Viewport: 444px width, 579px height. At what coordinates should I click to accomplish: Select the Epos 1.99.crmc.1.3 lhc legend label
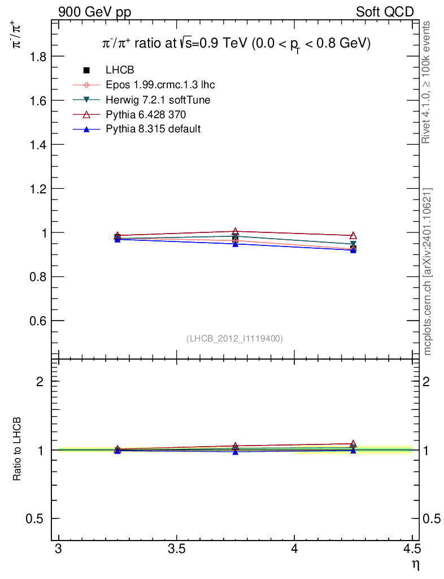[x=160, y=85]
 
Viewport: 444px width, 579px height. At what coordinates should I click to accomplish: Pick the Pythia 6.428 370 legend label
[x=146, y=114]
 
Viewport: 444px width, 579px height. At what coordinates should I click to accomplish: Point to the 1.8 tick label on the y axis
[x=38, y=57]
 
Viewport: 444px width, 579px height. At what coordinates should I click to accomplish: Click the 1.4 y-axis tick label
[x=38, y=145]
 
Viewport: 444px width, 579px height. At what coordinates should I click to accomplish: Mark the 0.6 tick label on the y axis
[x=38, y=321]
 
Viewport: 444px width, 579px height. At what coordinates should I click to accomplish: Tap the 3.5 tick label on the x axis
[x=177, y=549]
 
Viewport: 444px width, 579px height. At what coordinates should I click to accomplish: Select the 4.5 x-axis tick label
[x=412, y=549]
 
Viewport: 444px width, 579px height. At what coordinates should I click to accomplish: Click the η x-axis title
[x=416, y=565]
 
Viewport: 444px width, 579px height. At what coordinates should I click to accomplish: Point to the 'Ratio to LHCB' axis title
[x=16, y=449]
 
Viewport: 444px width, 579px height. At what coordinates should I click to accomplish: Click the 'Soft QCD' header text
[x=385, y=12]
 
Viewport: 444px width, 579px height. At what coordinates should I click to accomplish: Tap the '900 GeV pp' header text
[x=95, y=12]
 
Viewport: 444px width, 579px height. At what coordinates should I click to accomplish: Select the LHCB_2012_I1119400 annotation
[x=235, y=339]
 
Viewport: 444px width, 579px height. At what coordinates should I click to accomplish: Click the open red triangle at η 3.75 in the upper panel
[x=236, y=231]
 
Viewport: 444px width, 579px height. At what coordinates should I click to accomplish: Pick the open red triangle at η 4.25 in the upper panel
[x=353, y=236]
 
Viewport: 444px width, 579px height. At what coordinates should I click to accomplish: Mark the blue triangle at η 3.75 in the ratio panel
[x=236, y=452]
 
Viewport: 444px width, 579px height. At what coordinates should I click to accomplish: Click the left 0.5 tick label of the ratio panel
[x=34, y=519]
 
